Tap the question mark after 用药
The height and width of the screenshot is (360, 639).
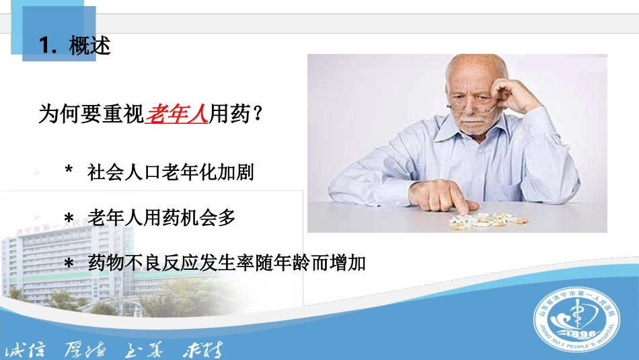tap(256, 114)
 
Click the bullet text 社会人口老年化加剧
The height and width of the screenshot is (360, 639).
tap(171, 173)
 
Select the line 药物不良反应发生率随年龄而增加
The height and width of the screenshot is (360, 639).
tap(227, 262)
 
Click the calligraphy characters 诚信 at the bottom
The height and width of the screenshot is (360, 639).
tap(26, 351)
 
